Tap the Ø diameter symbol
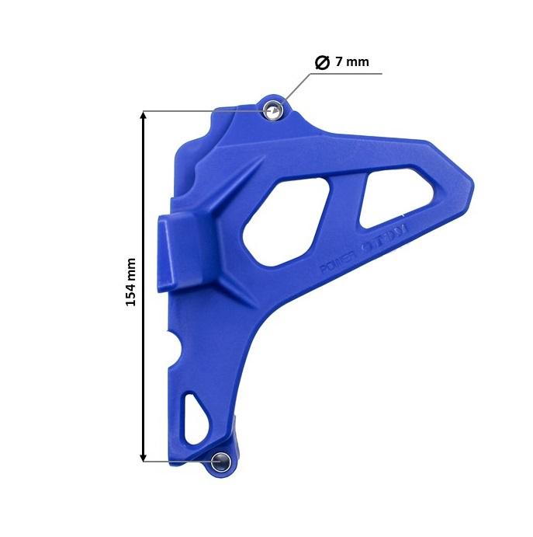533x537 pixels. click(323, 62)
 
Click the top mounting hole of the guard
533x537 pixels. click(272, 111)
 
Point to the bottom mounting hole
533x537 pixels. click(220, 460)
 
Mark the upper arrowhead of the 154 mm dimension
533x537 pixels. click(144, 117)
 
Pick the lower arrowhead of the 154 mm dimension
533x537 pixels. click(144, 455)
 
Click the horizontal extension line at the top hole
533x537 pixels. click(202, 110)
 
